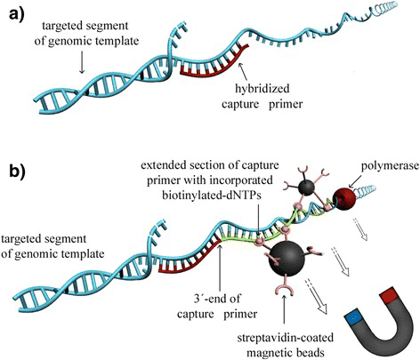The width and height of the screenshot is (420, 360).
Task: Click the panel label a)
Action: coord(16,15)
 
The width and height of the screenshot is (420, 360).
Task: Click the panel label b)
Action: coord(18,172)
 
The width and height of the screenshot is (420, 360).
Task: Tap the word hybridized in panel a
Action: coord(262,89)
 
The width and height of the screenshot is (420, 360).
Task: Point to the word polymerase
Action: coord(390,166)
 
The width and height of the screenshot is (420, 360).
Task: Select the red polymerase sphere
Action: coord(343,199)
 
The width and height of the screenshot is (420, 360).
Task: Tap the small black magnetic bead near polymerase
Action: coord(305,187)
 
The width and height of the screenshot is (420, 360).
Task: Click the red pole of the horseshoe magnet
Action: coord(389,295)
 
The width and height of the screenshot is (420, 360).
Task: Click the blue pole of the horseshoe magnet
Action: coord(353,318)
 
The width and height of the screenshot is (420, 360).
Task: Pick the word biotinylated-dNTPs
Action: coord(212,196)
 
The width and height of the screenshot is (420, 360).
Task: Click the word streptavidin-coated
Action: coord(285,338)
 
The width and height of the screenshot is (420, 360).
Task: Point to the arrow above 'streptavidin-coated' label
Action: coord(285,312)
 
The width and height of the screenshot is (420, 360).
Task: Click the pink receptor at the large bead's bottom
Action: coord(285,285)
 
